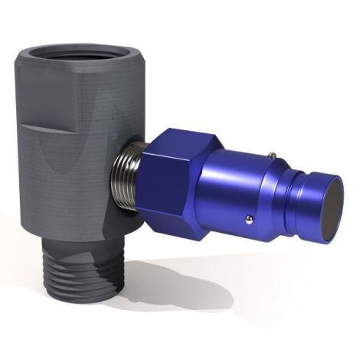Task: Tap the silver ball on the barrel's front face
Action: (x=250, y=220)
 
